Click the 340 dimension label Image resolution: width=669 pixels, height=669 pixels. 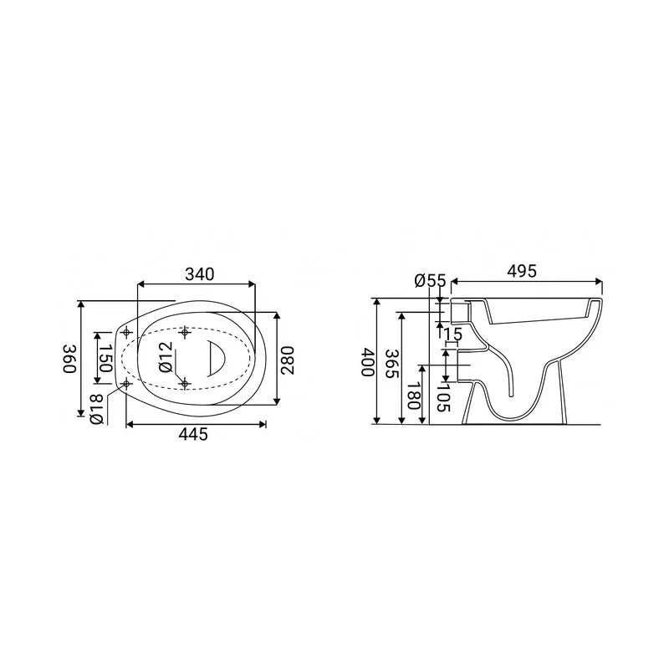pyautogui.click(x=199, y=274)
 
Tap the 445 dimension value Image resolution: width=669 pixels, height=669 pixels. pyautogui.click(x=193, y=434)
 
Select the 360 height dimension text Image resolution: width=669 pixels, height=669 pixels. pyautogui.click(x=69, y=359)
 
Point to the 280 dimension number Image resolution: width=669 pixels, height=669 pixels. pyautogui.click(x=288, y=360)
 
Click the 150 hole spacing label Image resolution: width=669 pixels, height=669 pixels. pyautogui.click(x=105, y=358)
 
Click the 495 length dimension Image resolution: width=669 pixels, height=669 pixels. pyautogui.click(x=522, y=271)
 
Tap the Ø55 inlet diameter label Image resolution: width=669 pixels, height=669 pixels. pyautogui.click(x=430, y=280)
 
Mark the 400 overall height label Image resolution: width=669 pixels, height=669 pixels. pyautogui.click(x=368, y=362)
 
